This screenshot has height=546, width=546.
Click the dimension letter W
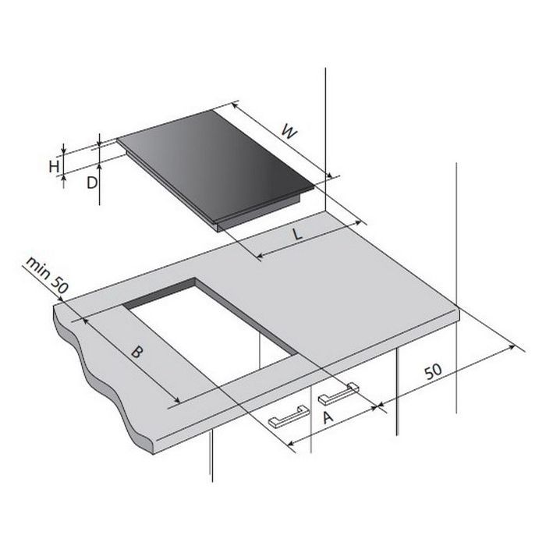289,133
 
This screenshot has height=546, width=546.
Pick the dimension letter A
328,418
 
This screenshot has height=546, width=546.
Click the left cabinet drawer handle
289,419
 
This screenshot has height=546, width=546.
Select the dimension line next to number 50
452,374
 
